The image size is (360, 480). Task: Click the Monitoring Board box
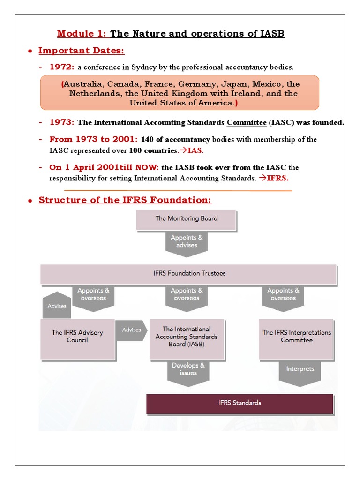(186, 219)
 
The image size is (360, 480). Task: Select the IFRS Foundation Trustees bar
(188, 274)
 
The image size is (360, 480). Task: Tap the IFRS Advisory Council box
(77, 336)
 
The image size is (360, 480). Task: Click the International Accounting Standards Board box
(186, 337)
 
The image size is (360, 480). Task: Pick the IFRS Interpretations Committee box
(296, 336)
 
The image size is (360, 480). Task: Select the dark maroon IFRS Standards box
(240, 403)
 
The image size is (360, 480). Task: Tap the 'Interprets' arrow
(300, 370)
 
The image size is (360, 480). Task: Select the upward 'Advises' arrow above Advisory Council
(57, 305)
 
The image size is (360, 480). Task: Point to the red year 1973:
(62, 122)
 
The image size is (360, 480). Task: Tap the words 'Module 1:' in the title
(82, 34)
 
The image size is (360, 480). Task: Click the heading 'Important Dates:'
(81, 51)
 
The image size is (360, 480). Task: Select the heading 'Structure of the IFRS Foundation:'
(125, 200)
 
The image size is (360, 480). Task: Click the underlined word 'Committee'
(247, 122)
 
